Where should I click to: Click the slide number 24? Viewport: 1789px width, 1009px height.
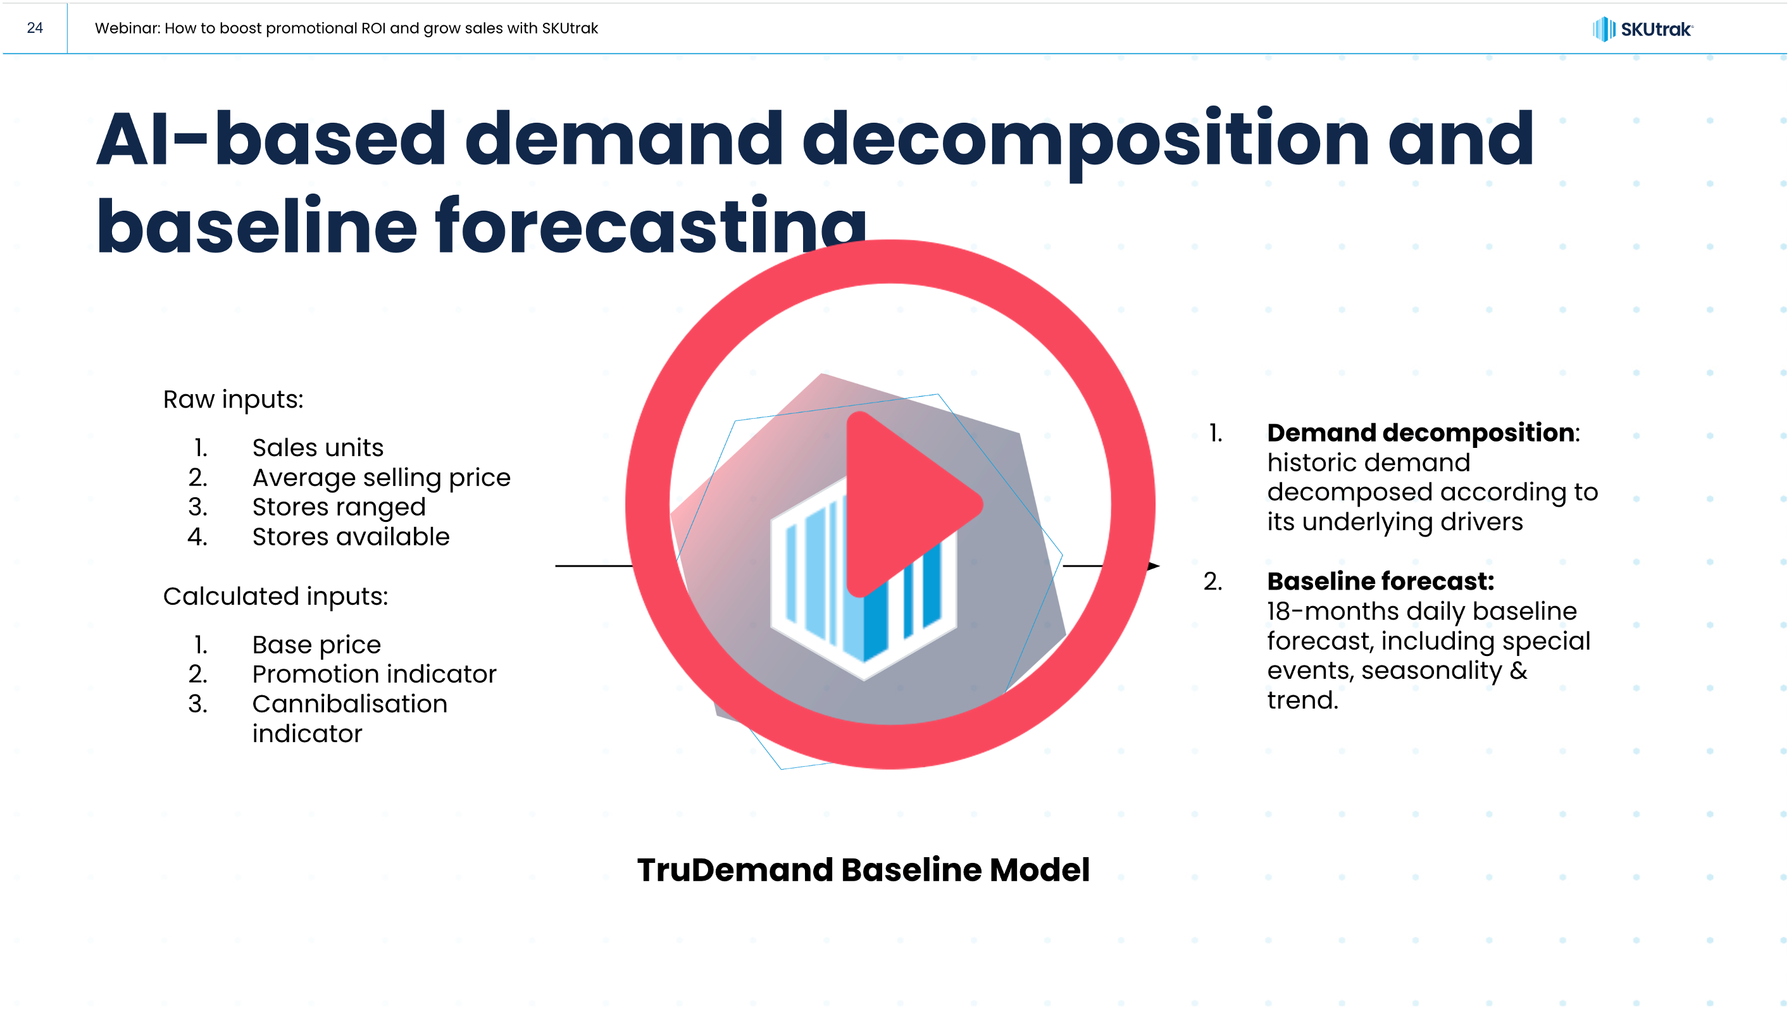pyautogui.click(x=35, y=28)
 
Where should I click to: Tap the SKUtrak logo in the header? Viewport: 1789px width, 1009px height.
pyautogui.click(x=1642, y=29)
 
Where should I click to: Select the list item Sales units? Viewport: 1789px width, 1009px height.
pyautogui.click(x=318, y=448)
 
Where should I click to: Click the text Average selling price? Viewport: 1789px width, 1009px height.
pyautogui.click(x=381, y=478)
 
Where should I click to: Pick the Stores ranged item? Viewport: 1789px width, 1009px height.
pyautogui.click(x=339, y=507)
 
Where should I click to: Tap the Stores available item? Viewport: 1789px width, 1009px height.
pyautogui.click(x=351, y=537)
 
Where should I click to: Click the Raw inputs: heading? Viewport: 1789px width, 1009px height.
pyautogui.click(x=234, y=400)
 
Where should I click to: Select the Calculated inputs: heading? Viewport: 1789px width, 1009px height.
pyautogui.click(x=276, y=597)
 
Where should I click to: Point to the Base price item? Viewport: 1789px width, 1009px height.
pyautogui.click(x=316, y=645)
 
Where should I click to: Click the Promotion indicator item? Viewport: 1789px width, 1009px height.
pyautogui.click(x=375, y=674)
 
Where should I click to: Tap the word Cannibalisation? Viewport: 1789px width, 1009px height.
pyautogui.click(x=350, y=704)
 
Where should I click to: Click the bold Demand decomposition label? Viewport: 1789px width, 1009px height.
pyautogui.click(x=1420, y=433)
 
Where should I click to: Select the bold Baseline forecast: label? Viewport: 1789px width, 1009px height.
pyautogui.click(x=1381, y=581)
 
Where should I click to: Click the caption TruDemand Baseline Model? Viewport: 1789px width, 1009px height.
pyautogui.click(x=863, y=869)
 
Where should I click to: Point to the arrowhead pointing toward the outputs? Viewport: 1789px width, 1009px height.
pyautogui.click(x=1153, y=566)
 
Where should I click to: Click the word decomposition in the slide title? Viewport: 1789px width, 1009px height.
pyautogui.click(x=1086, y=141)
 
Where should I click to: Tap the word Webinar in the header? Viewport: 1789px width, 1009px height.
pyautogui.click(x=127, y=28)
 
